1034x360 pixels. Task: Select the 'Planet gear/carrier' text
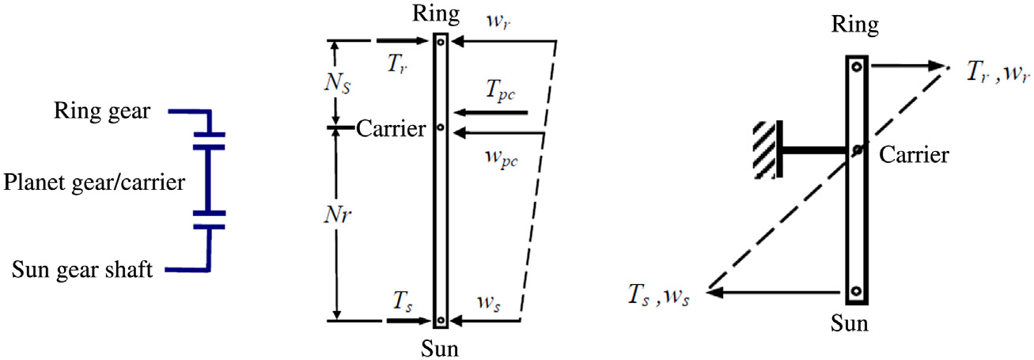[x=93, y=184]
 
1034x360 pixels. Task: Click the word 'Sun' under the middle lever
[x=441, y=346]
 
